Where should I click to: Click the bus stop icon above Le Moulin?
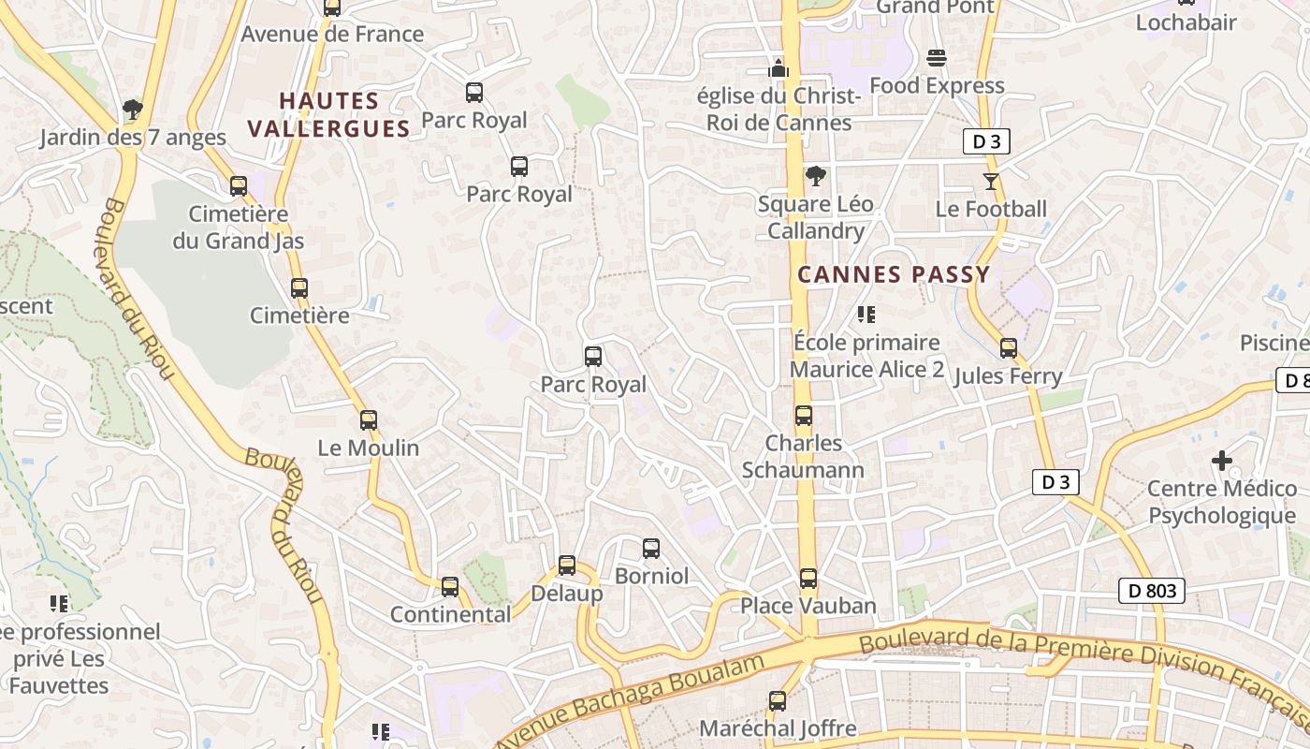click(x=369, y=420)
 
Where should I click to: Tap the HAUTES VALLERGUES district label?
click(x=328, y=114)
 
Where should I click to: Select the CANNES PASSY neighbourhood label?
click(x=893, y=274)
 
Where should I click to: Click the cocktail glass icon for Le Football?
click(x=991, y=181)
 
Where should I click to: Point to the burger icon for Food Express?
click(x=936, y=58)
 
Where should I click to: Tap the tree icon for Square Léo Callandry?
click(x=816, y=176)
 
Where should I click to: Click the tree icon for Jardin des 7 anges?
click(x=132, y=110)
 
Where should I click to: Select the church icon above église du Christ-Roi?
click(x=778, y=68)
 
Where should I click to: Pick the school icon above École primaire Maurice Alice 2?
click(x=866, y=315)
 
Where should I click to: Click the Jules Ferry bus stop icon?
click(x=1008, y=348)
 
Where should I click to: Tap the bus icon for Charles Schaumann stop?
click(x=803, y=416)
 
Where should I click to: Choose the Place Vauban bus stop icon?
click(x=808, y=579)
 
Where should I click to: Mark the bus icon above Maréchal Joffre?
click(x=777, y=700)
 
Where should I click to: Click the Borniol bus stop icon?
click(x=651, y=549)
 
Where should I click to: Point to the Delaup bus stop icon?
click(x=567, y=565)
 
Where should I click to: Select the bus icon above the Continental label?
click(x=450, y=587)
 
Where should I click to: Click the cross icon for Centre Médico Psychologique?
click(x=1221, y=461)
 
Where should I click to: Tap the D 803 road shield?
click(x=1151, y=591)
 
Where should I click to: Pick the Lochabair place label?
click(x=1186, y=22)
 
